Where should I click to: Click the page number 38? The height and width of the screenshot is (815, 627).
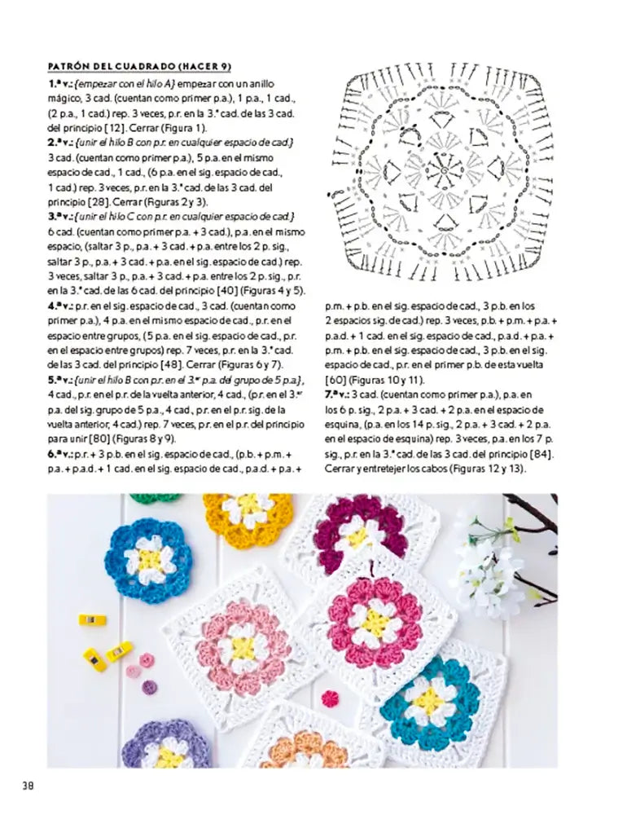click(x=26, y=786)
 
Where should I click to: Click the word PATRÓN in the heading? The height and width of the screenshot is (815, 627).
click(x=68, y=65)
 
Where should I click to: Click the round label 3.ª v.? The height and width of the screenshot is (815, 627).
click(x=60, y=216)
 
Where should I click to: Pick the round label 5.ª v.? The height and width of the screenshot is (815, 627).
click(x=60, y=380)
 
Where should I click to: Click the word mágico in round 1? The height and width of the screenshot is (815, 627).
click(x=64, y=99)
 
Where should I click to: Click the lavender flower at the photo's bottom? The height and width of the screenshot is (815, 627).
click(x=168, y=746)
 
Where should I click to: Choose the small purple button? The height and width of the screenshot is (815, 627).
click(x=150, y=687)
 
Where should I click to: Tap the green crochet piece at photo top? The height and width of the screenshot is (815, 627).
click(x=155, y=497)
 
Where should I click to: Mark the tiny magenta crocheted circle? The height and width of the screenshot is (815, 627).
click(x=330, y=698)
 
